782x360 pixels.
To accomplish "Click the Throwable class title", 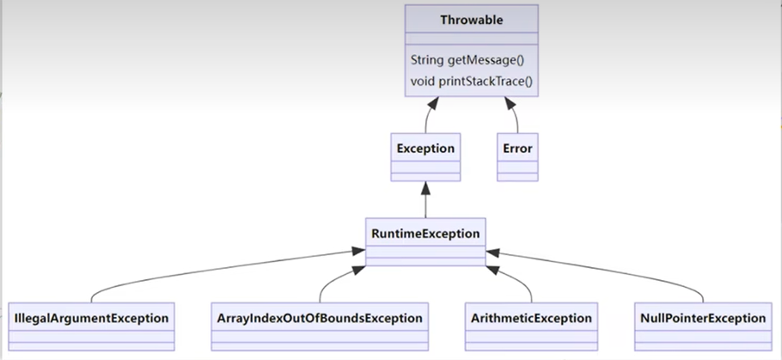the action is click(471, 20).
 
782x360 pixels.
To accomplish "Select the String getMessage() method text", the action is click(467, 60).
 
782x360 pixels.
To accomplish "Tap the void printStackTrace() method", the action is click(471, 81).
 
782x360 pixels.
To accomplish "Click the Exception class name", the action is click(425, 149).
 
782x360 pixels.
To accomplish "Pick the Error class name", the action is click(517, 149).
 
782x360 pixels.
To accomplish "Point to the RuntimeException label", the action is click(425, 234).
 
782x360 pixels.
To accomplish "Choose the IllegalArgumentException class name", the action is click(91, 318).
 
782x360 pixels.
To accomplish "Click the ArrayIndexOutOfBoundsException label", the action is click(320, 318).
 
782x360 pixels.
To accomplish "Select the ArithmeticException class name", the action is click(531, 318).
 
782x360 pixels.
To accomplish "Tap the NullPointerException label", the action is click(703, 318).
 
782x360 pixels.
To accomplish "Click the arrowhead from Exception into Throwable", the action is click(433, 103).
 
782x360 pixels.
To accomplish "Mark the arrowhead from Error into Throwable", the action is click(510, 103).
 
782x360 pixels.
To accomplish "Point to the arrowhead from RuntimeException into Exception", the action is click(425, 188).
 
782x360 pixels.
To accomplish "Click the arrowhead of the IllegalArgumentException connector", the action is click(358, 250).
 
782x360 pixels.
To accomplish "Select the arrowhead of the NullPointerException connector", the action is click(492, 253).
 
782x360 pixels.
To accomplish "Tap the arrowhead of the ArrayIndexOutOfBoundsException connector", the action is click(359, 270).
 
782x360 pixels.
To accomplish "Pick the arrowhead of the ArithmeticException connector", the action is click(492, 270).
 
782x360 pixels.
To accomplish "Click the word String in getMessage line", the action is click(427, 60).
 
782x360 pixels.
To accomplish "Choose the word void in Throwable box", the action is click(423, 81).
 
